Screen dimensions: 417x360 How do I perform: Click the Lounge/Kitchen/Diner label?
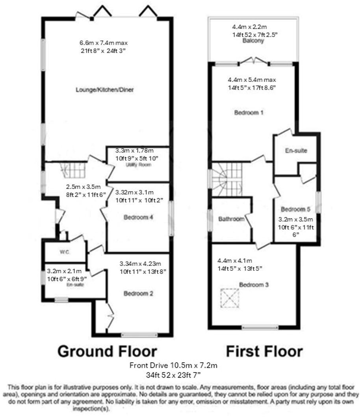[105, 90]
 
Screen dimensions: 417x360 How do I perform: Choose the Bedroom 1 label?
[249, 113]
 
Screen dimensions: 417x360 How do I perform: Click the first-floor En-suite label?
[296, 150]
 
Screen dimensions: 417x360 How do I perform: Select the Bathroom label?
[232, 219]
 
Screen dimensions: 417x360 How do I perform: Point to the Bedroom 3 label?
[254, 284]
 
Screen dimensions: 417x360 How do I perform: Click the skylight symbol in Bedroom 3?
[229, 298]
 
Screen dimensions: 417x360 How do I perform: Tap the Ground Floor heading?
[107, 351]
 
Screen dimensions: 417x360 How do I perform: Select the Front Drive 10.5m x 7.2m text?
[173, 365]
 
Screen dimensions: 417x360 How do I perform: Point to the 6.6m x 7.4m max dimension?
[104, 43]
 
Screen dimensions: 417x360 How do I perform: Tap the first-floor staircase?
[227, 179]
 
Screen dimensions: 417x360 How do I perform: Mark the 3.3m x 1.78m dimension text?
[134, 150]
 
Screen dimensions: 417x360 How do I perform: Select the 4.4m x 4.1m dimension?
[235, 260]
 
